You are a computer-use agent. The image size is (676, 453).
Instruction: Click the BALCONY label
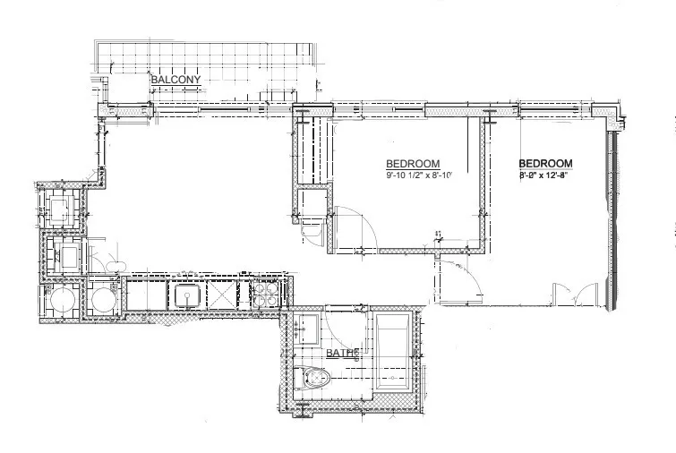pyautogui.click(x=175, y=80)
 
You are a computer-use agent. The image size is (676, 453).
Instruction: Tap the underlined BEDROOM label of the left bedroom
pyautogui.click(x=412, y=164)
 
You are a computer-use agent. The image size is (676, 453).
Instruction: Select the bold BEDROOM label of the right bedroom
pyautogui.click(x=545, y=163)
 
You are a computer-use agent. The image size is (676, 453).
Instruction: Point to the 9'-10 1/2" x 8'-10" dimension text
pyautogui.click(x=421, y=175)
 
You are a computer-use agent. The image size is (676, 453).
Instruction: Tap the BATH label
pyautogui.click(x=342, y=354)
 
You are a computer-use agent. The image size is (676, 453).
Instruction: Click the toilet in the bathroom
pyautogui.click(x=315, y=380)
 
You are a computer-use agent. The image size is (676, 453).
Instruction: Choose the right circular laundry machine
pyautogui.click(x=103, y=299)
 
